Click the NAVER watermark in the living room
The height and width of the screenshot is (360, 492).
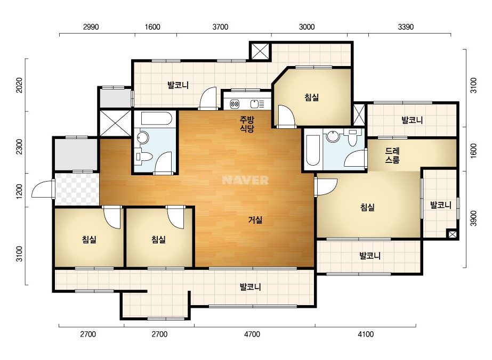click(x=245, y=180)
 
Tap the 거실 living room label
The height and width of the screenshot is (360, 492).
click(x=255, y=220)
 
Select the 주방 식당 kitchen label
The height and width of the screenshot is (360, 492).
click(x=247, y=124)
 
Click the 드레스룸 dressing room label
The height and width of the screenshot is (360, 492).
click(x=392, y=155)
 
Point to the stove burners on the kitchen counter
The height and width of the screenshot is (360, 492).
click(x=235, y=103)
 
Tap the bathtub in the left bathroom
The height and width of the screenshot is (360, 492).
click(x=156, y=119)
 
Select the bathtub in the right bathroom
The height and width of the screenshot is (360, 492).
click(x=312, y=150)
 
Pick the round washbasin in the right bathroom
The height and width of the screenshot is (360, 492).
click(x=332, y=136)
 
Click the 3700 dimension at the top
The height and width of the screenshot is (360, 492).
click(x=220, y=27)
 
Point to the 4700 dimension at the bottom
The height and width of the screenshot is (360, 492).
click(x=252, y=334)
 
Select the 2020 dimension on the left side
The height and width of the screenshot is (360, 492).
click(x=19, y=85)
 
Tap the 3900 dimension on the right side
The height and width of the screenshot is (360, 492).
click(x=474, y=218)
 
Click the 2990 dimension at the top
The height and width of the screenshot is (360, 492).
click(x=91, y=27)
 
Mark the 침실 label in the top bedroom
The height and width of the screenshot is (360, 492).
click(x=312, y=97)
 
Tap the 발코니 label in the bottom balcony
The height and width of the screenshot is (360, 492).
click(x=251, y=287)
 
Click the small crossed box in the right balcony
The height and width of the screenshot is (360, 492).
click(x=452, y=234)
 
